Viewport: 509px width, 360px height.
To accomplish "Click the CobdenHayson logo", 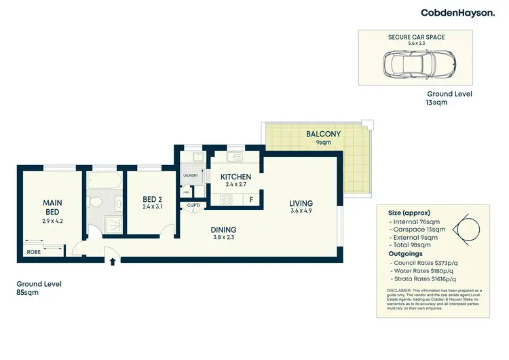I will click(x=457, y=13).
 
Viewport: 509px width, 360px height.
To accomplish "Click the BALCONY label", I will click(x=322, y=134).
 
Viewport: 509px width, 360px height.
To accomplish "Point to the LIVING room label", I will click(x=301, y=203).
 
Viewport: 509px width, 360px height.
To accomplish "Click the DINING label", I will click(x=223, y=230).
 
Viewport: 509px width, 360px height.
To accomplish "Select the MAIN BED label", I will click(x=52, y=207).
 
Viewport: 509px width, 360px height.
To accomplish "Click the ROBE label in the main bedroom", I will click(x=33, y=251).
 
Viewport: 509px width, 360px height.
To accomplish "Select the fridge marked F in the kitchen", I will click(x=252, y=200).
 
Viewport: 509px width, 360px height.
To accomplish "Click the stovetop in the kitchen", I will click(x=227, y=200).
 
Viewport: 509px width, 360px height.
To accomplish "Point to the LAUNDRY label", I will click(x=190, y=176).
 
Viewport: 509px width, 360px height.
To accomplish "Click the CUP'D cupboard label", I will click(x=193, y=205).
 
